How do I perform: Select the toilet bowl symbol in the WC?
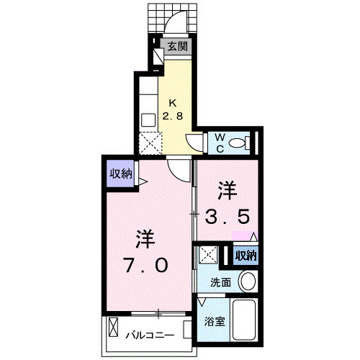pyautogui.click(x=247, y=143)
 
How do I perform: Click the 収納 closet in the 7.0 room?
pyautogui.click(x=120, y=174)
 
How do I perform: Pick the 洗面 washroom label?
pyautogui.click(x=220, y=282)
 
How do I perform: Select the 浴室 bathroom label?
pyautogui.click(x=215, y=323)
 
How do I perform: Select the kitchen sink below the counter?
pyautogui.click(x=148, y=120)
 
